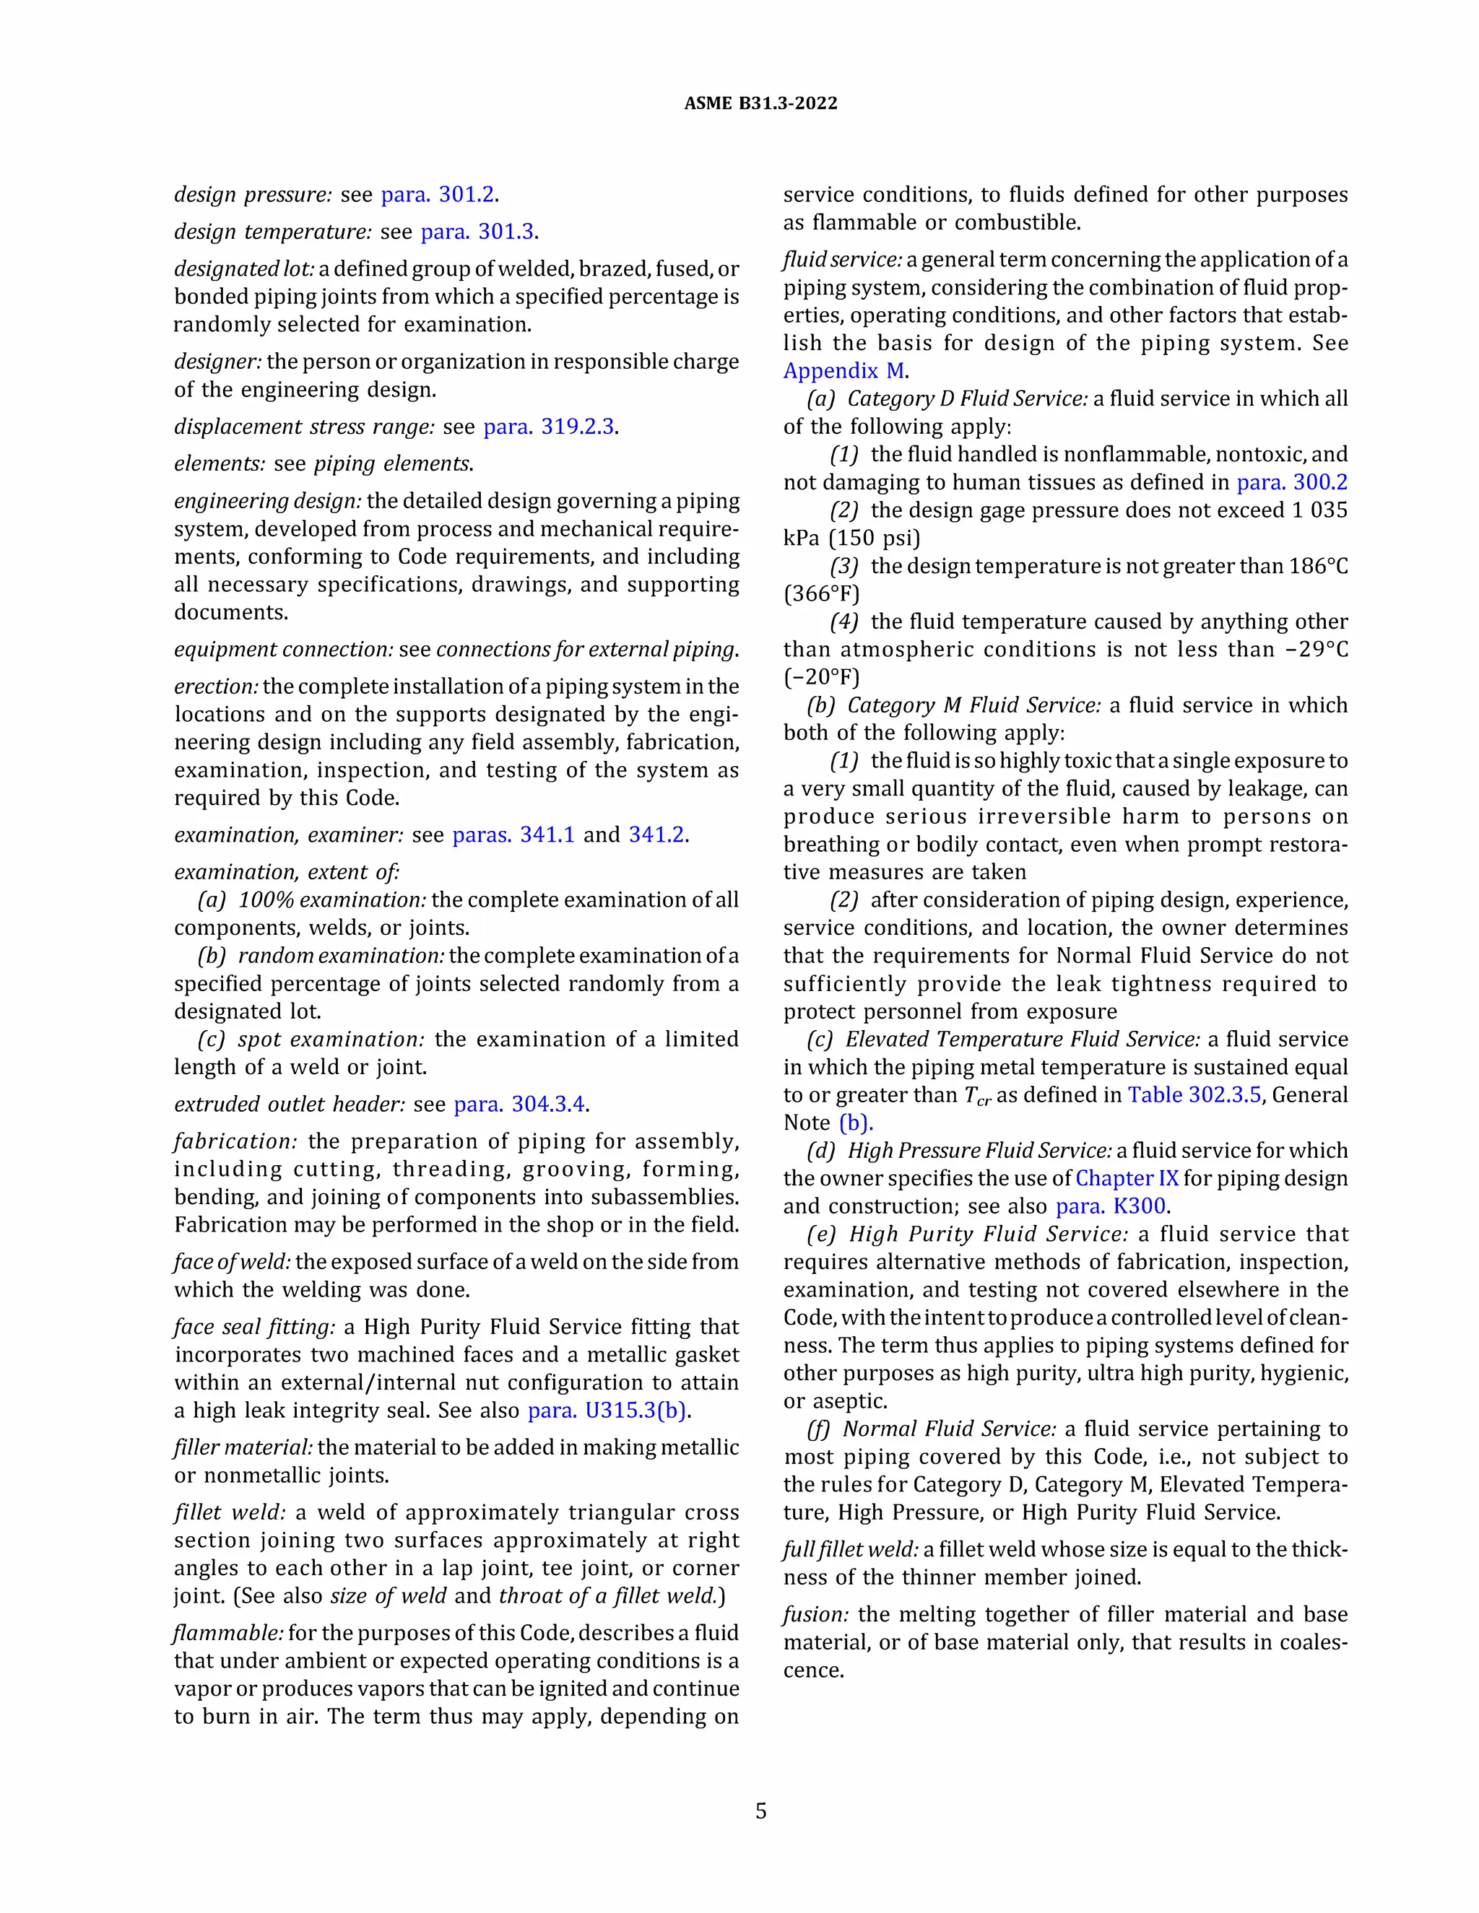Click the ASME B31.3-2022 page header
pos(760,103)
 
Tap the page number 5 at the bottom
pos(760,1810)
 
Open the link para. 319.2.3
pos(549,427)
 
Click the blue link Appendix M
pos(843,370)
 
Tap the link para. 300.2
pos(1291,483)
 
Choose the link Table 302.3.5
pos(1193,1095)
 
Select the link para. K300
pos(1110,1206)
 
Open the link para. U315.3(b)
pos(607,1411)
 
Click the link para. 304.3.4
pos(519,1104)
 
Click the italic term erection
pos(215,687)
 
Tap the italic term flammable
pos(227,1633)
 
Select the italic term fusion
pos(815,1614)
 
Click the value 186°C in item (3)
pos(1318,566)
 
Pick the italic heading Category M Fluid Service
pos(973,705)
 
